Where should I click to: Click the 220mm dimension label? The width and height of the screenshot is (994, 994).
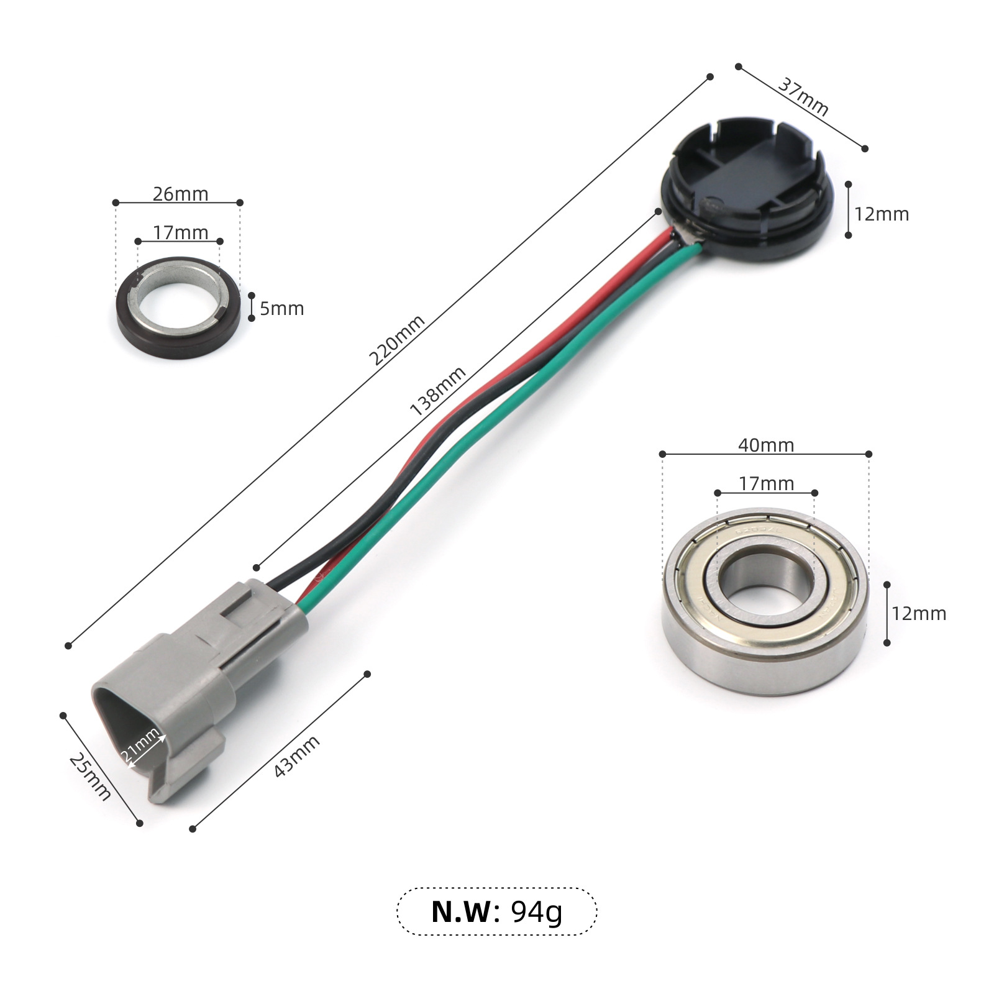point(397,340)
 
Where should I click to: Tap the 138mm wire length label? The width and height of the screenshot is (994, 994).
point(437,391)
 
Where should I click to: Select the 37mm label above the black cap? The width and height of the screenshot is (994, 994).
point(803,97)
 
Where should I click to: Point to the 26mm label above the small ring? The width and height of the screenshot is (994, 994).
point(181,194)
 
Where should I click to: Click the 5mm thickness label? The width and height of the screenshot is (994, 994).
point(282,308)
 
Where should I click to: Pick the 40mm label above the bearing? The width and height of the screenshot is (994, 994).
point(766,445)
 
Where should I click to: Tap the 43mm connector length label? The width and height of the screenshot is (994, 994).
point(297,756)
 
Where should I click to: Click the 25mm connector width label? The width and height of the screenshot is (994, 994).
point(90,777)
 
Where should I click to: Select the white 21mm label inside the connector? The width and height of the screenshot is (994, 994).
point(140,745)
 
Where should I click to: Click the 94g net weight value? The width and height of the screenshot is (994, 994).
point(537,912)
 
